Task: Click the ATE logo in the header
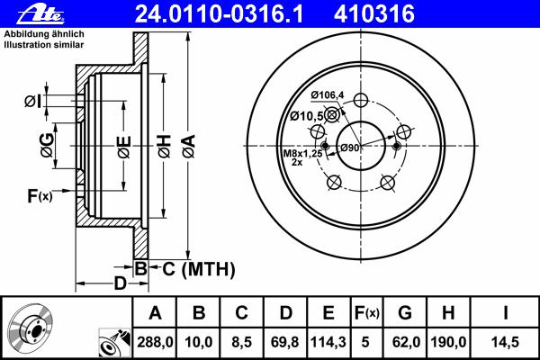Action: coord(40,14)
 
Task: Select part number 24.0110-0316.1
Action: coord(219,14)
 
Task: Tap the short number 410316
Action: coord(374,14)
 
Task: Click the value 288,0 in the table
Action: coord(155,342)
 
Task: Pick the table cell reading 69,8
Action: coord(285,342)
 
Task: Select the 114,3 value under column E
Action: coord(328,342)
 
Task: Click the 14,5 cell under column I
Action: coord(505,342)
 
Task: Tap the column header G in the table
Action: coord(405,313)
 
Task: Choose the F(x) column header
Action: coord(366,313)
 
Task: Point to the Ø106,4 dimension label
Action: coord(328,94)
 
